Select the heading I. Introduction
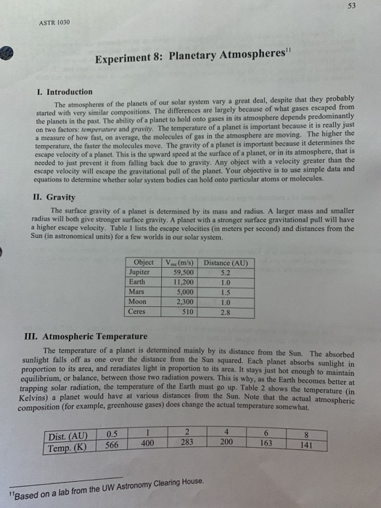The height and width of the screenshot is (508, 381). [65, 92]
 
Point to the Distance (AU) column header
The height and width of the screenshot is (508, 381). [225, 263]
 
